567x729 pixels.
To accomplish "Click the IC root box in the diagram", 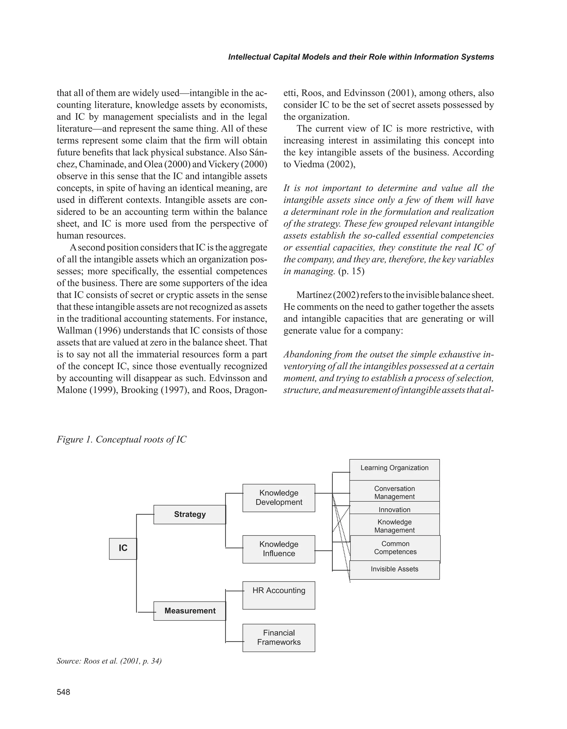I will tap(123, 548).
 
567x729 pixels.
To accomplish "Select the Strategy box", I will tap(190, 514).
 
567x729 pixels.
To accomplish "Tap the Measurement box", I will tap(190, 611).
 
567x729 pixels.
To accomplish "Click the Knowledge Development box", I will tap(279, 498).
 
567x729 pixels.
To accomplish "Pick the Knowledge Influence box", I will tap(279, 549).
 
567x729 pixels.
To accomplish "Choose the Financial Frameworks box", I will tap(279, 638).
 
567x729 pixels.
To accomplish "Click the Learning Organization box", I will tap(394, 468).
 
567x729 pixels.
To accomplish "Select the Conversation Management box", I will tap(394, 493).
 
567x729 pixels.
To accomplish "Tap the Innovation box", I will tap(394, 510).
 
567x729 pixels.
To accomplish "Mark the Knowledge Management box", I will tap(394, 526).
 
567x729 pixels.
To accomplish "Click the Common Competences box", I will tap(395, 548).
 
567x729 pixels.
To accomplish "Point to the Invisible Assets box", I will tap(394, 569).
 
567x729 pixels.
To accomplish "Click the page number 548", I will tap(63, 692).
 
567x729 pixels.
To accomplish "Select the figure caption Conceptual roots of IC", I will tap(122, 440).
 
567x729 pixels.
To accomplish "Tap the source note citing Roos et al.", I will tap(109, 661).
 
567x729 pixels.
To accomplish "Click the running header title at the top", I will tap(361, 57).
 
